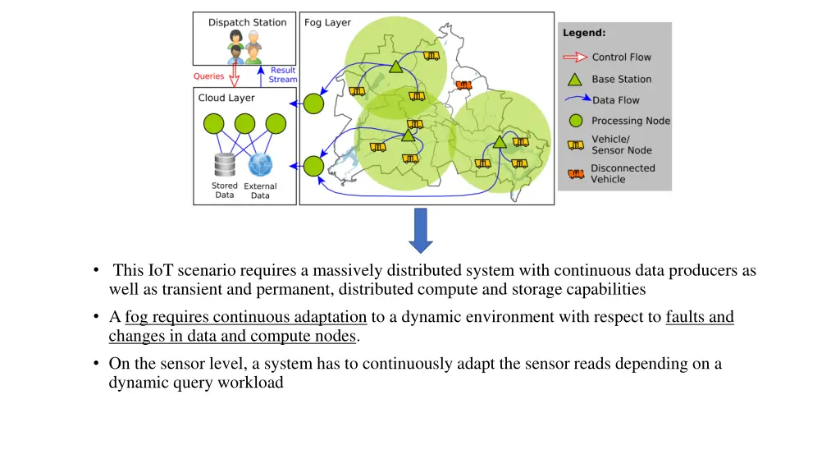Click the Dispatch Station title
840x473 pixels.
click(x=247, y=22)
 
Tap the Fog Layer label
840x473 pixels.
click(x=327, y=22)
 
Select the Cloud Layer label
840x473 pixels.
click(x=226, y=98)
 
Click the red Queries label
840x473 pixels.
click(x=208, y=76)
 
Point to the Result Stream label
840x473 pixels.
click(x=283, y=75)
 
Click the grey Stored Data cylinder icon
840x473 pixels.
click(x=225, y=164)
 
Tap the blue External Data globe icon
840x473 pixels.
click(x=260, y=164)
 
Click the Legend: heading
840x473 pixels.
click(x=584, y=33)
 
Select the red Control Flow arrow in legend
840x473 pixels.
click(x=575, y=57)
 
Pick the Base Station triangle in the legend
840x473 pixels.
click(x=575, y=79)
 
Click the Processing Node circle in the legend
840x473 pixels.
click(x=575, y=121)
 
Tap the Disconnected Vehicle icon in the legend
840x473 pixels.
click(x=576, y=173)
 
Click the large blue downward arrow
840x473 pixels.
click(x=421, y=230)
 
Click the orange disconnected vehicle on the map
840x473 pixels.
click(x=464, y=85)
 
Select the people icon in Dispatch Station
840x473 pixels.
click(x=244, y=46)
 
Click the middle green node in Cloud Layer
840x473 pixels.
click(x=244, y=124)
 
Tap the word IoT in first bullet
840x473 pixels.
click(x=158, y=270)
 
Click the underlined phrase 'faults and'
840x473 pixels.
click(x=700, y=317)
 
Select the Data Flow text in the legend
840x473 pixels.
click(x=615, y=100)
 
